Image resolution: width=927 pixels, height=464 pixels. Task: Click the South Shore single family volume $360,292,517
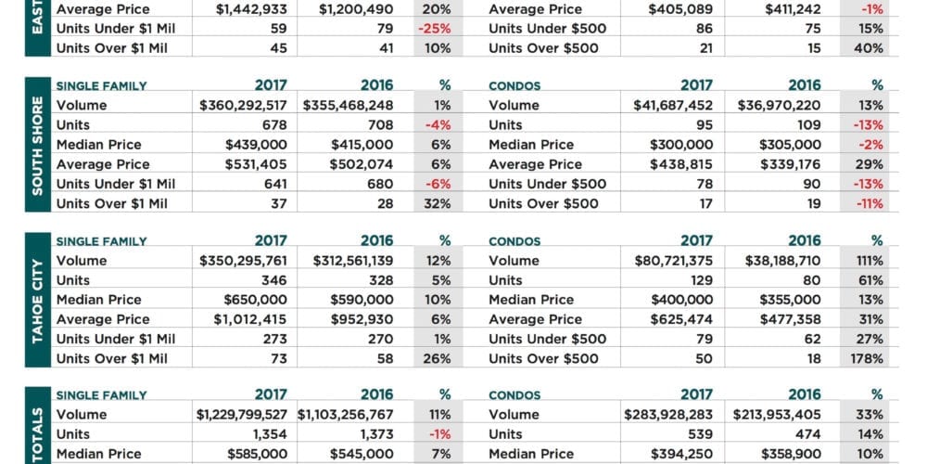tap(243, 106)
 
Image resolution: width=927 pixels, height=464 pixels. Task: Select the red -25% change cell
tap(438, 29)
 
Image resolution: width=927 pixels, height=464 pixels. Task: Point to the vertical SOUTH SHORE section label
tap(37, 145)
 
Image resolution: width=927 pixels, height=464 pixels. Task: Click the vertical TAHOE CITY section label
tap(37, 300)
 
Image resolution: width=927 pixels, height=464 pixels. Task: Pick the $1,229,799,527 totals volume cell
tap(242, 415)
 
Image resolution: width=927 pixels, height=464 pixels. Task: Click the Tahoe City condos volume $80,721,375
tap(673, 261)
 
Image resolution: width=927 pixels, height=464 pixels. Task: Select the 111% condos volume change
tap(870, 261)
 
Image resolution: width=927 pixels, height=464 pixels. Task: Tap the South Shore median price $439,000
tap(256, 145)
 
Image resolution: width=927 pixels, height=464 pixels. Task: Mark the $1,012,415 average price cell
tap(250, 319)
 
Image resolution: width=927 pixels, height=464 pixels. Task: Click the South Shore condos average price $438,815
tap(681, 164)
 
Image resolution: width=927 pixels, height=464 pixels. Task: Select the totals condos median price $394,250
tap(681, 454)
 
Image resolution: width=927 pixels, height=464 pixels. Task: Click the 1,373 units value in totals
tap(376, 434)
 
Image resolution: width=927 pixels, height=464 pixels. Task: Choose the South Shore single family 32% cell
tap(438, 203)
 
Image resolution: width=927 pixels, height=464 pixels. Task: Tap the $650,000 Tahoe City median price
tap(256, 300)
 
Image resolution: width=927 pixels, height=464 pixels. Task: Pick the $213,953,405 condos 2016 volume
tap(777, 415)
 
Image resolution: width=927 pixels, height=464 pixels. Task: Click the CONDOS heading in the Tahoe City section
tap(514, 241)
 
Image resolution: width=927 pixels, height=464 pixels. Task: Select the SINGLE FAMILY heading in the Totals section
tap(102, 395)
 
